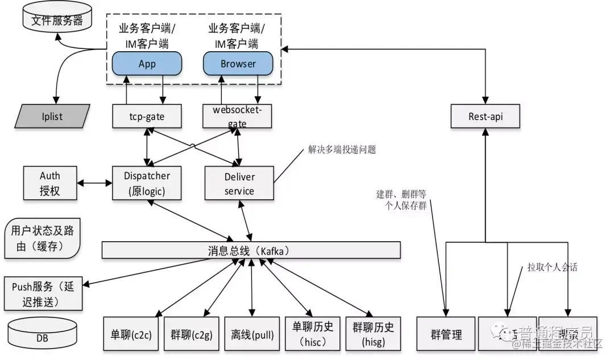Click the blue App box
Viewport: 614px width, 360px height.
pyautogui.click(x=147, y=64)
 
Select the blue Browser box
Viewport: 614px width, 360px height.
pyautogui.click(x=238, y=64)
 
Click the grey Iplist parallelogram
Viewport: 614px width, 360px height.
pyautogui.click(x=52, y=116)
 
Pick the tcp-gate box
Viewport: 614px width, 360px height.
pyautogui.click(x=147, y=116)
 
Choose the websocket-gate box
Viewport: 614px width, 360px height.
pyautogui.click(x=238, y=116)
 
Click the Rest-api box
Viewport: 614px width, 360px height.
pyautogui.click(x=485, y=116)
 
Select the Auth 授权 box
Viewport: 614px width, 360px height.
pyautogui.click(x=50, y=184)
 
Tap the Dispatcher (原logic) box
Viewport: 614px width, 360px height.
pyautogui.click(x=147, y=183)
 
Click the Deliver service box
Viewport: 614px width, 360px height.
pyautogui.click(x=239, y=183)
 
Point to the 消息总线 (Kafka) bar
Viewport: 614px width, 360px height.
pyautogui.click(x=251, y=250)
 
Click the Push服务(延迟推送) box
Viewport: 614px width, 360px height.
pyautogui.click(x=43, y=293)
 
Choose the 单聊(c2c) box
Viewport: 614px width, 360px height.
pyautogui.click(x=130, y=334)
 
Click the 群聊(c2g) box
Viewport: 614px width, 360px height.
pyautogui.click(x=191, y=334)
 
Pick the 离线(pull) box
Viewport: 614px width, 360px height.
pyautogui.click(x=252, y=334)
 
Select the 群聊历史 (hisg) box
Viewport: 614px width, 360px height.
pyautogui.click(x=373, y=334)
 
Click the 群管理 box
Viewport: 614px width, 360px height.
pyautogui.click(x=445, y=334)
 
